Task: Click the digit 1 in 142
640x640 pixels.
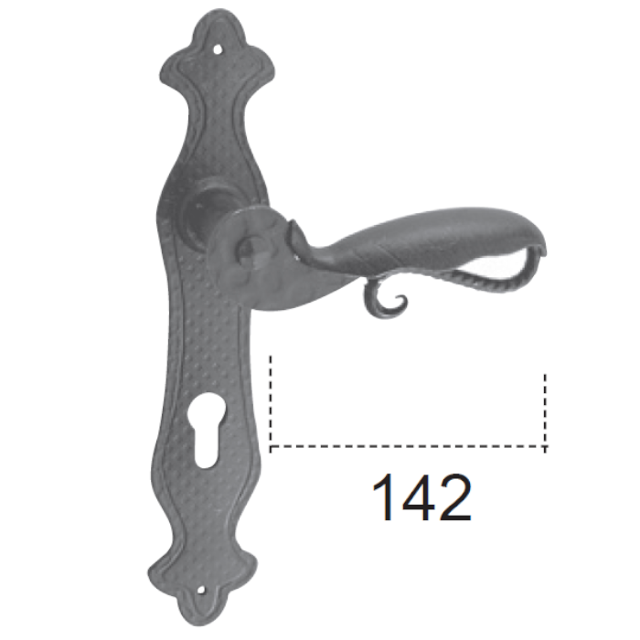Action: point(386,498)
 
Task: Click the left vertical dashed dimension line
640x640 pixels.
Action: point(272,402)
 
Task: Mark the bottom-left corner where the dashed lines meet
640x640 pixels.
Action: point(272,447)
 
